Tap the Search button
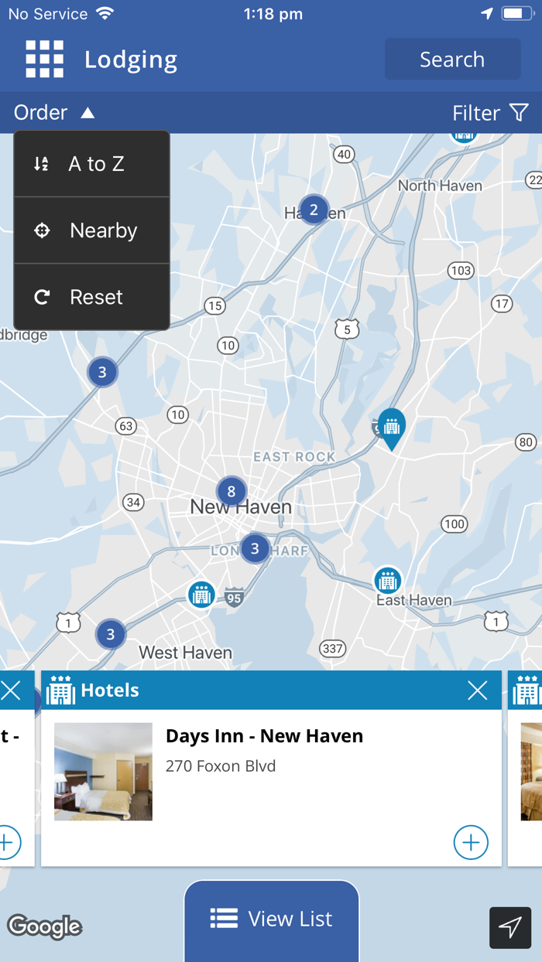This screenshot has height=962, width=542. [x=452, y=60]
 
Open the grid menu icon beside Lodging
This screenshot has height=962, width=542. [x=44, y=60]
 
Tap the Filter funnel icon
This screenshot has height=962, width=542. [x=519, y=113]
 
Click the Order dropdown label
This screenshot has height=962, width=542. [x=53, y=113]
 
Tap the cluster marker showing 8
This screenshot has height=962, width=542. [x=231, y=491]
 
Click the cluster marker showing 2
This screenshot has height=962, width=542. [x=314, y=210]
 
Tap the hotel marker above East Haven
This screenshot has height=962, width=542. [x=387, y=580]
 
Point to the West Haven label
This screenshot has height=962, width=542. [x=185, y=653]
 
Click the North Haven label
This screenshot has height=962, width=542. [x=440, y=186]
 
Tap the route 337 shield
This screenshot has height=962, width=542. [x=332, y=648]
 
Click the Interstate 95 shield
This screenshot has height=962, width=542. [x=235, y=597]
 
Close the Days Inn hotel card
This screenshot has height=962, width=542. [x=478, y=691]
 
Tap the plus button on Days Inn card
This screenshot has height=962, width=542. [x=471, y=842]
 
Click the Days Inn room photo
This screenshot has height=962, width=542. [x=103, y=772]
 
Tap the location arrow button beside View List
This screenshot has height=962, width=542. [x=510, y=927]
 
